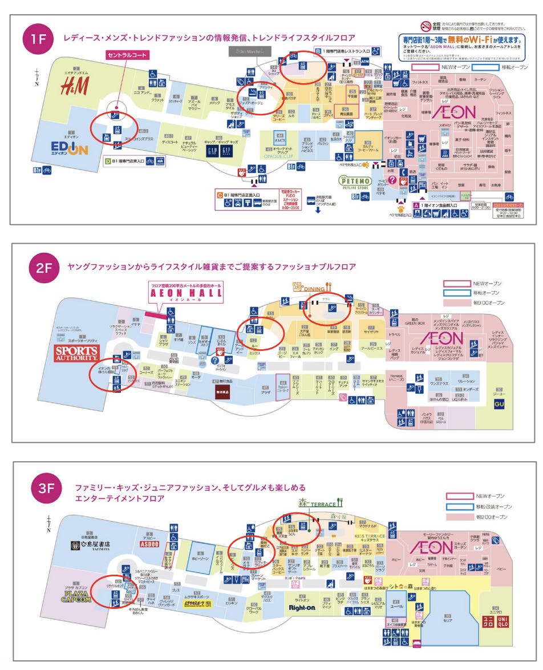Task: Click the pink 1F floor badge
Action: (37, 41)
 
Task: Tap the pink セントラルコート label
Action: (127, 55)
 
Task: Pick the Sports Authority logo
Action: (78, 353)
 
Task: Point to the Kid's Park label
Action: (297, 579)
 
